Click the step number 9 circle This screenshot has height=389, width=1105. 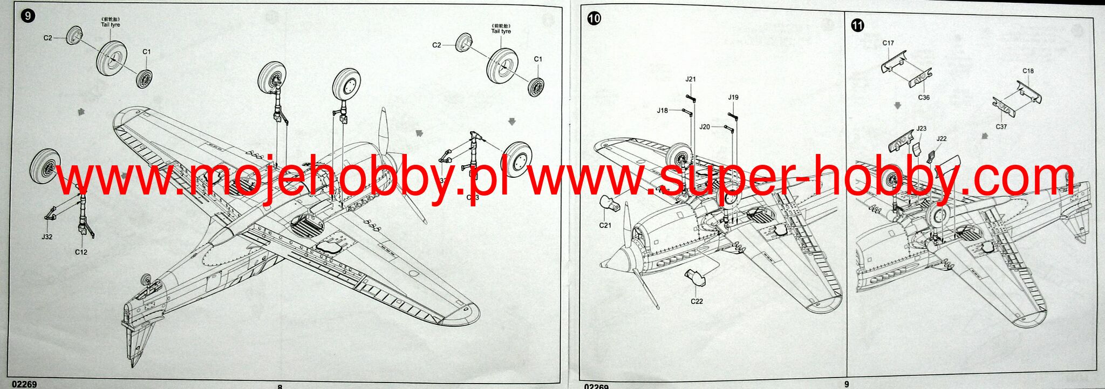click(x=27, y=16)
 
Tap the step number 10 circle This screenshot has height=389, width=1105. click(x=594, y=19)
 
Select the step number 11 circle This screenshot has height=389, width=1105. click(x=857, y=25)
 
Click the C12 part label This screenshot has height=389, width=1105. click(x=81, y=252)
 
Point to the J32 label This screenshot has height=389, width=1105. click(x=47, y=237)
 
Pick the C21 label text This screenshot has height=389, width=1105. click(x=605, y=225)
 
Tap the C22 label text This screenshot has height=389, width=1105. click(x=697, y=301)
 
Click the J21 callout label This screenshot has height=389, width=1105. click(x=691, y=79)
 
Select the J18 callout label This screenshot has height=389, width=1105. click(x=662, y=110)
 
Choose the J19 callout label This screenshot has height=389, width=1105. click(x=733, y=97)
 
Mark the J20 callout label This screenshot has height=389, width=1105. click(x=705, y=126)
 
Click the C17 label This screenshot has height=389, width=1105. click(x=888, y=43)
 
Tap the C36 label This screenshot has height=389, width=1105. click(x=924, y=98)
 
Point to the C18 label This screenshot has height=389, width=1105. click(x=1028, y=71)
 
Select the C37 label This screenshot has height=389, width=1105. click(x=1001, y=126)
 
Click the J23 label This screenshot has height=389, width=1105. click(x=922, y=129)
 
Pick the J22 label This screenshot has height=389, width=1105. click(x=942, y=139)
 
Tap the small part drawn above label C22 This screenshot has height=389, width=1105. click(x=696, y=277)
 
